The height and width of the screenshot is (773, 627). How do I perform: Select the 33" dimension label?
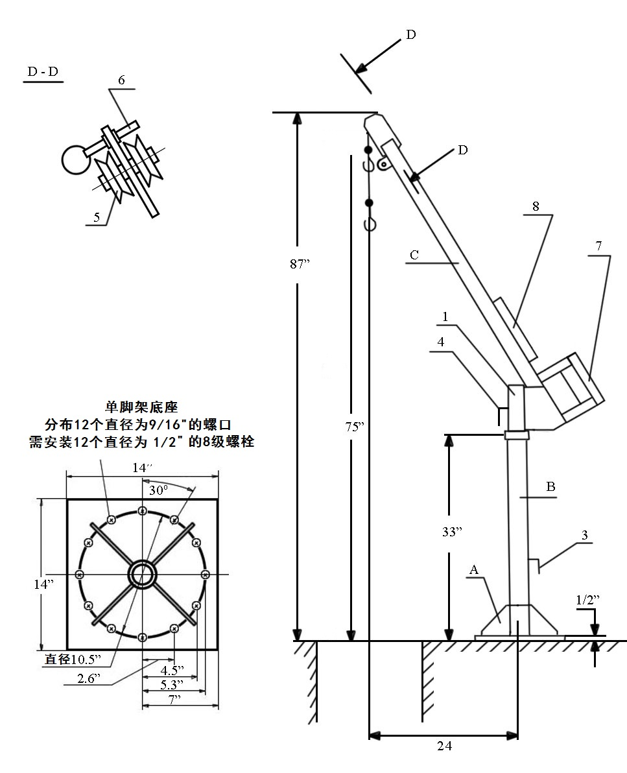[451, 532]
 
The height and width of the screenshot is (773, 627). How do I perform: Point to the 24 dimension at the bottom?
[444, 746]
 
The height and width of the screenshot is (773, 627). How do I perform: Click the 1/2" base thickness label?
[586, 601]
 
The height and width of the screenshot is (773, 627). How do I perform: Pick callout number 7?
[599, 246]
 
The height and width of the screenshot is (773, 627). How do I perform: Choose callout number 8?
[536, 207]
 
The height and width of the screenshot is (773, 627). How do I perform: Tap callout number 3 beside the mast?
[584, 536]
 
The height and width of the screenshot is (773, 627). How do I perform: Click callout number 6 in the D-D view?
[121, 80]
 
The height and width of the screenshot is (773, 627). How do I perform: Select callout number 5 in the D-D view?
[97, 218]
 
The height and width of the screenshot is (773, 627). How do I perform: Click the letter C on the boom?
[414, 255]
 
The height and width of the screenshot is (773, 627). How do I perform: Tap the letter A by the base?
[474, 570]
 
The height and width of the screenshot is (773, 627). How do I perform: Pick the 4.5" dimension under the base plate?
[171, 670]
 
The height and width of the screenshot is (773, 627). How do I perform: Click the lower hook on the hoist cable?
[370, 224]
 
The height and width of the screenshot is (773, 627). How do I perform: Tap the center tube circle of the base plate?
[142, 573]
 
